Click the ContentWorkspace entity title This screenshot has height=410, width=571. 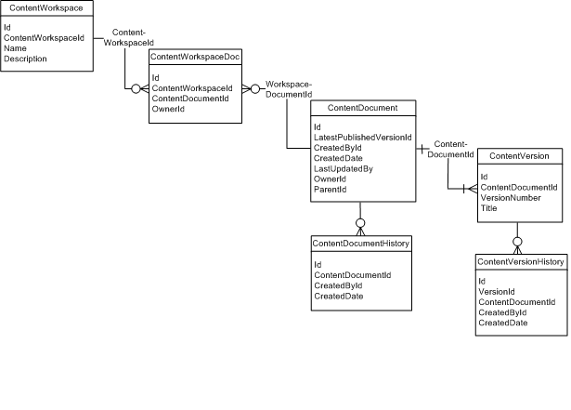tap(46, 7)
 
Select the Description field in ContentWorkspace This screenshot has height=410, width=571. tap(25, 59)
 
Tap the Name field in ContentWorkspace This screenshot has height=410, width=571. tap(15, 48)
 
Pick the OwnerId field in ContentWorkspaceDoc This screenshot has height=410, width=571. tap(168, 109)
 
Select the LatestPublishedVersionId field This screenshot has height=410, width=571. tap(361, 138)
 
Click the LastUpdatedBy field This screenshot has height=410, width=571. tap(344, 168)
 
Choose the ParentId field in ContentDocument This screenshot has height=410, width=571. tap(330, 189)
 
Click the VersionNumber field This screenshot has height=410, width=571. tap(511, 198)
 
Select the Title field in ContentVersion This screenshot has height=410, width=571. tap(488, 208)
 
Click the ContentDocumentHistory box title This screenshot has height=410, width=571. tap(362, 243)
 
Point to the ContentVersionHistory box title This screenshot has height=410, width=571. tap(520, 261)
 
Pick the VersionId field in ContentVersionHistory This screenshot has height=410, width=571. tap(496, 292)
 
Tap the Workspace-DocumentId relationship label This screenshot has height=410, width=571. tap(288, 88)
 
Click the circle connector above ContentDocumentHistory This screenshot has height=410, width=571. tap(360, 222)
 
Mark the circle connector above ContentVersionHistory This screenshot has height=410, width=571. tap(518, 241)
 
